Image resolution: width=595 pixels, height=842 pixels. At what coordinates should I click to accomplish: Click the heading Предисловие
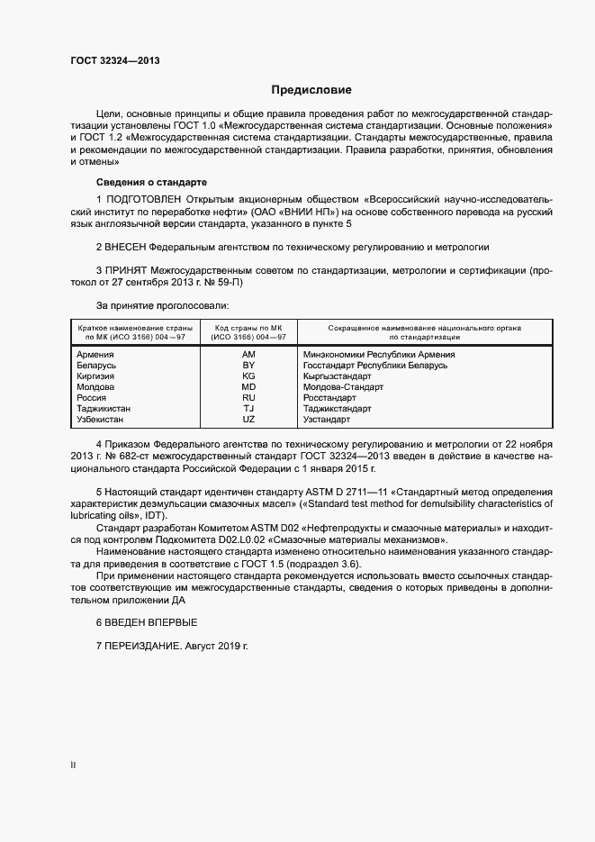[x=311, y=90]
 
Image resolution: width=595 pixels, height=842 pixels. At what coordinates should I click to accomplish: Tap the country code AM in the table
[x=248, y=355]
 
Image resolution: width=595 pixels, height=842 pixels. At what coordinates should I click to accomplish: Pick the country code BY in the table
[x=248, y=366]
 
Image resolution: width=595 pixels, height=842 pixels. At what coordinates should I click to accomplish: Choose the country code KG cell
[x=248, y=376]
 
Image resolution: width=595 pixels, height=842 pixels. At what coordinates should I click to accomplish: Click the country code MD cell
[x=248, y=387]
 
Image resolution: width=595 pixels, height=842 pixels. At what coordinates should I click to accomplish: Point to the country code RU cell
[x=248, y=398]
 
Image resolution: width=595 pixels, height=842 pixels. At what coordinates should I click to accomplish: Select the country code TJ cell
[x=248, y=409]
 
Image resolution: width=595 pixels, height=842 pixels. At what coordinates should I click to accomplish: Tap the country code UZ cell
[x=248, y=420]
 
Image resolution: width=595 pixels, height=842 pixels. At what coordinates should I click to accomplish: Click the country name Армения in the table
[x=95, y=355]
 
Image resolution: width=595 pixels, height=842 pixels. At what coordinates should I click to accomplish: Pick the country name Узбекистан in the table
[x=102, y=420]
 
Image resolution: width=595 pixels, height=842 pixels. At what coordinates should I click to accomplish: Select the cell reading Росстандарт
[x=329, y=398]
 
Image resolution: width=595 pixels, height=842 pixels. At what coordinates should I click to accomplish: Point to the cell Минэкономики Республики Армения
[x=379, y=355]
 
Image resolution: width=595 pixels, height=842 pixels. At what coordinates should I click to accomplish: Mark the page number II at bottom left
[x=73, y=765]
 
